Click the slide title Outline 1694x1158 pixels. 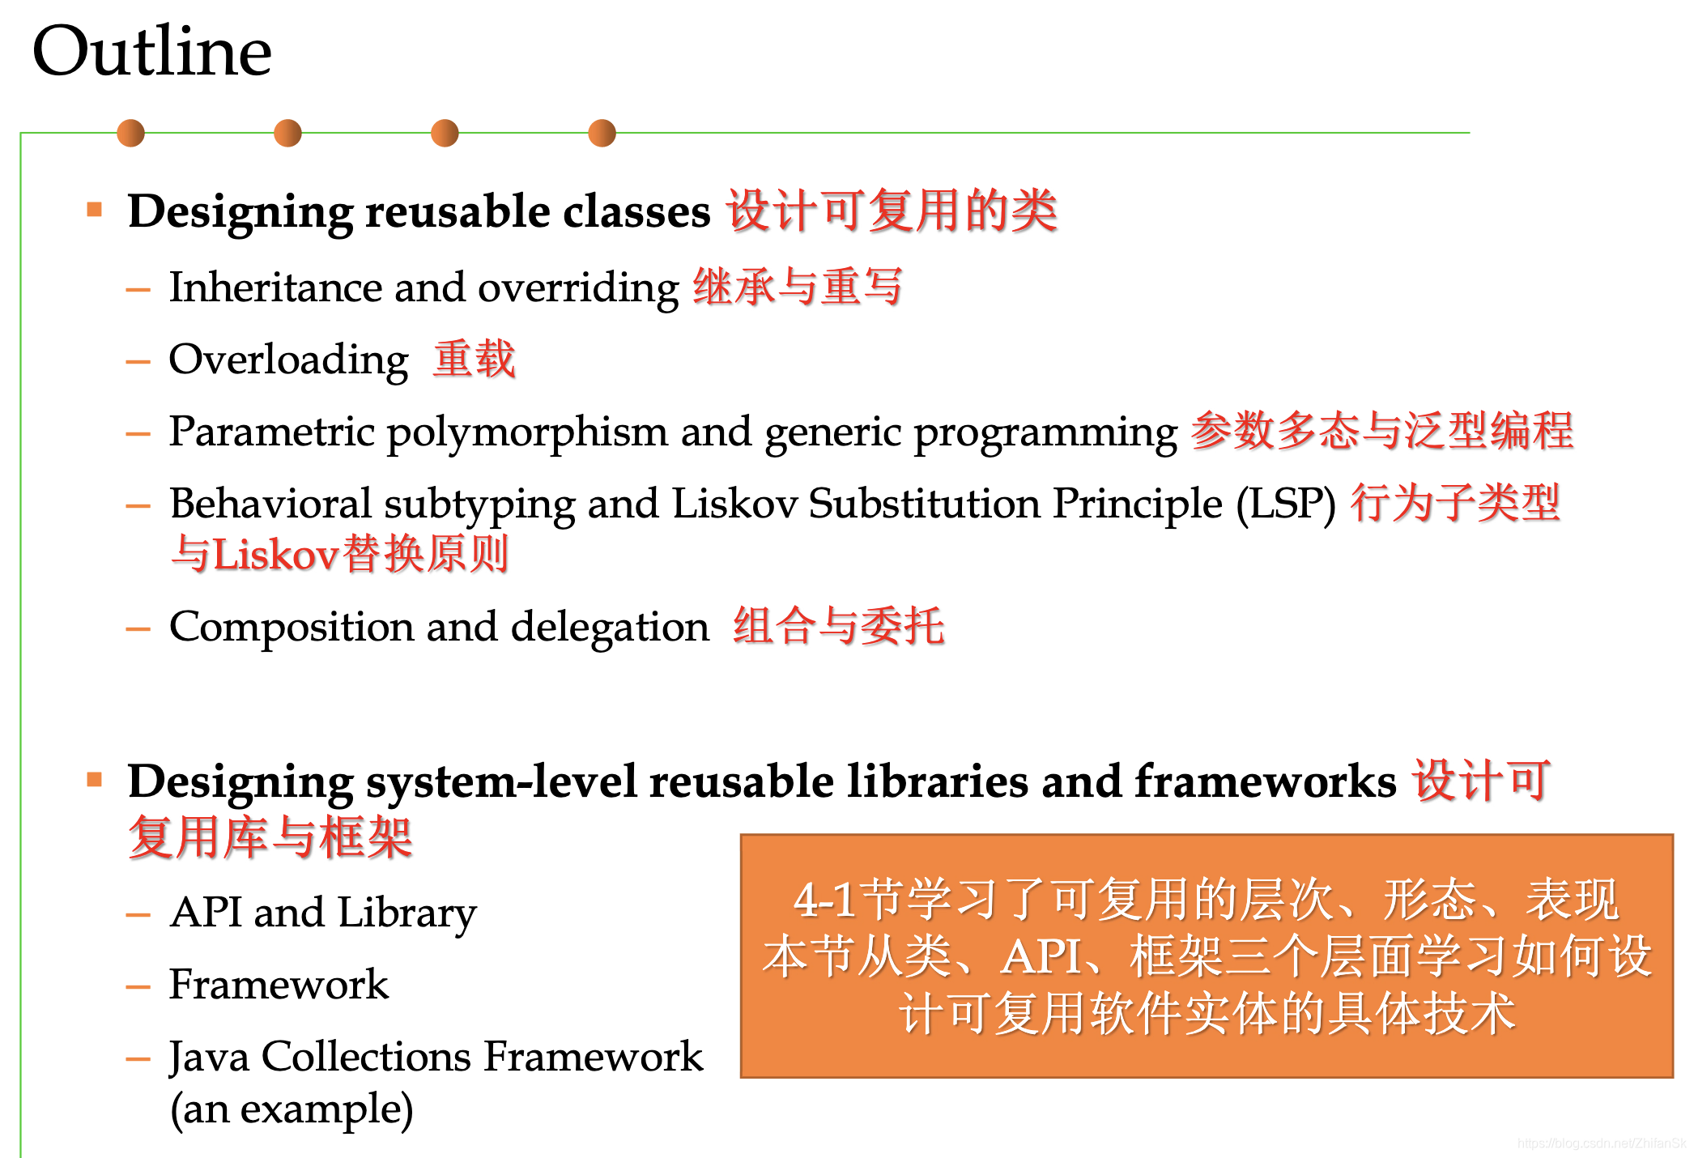151,51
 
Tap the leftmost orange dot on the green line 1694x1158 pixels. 130,133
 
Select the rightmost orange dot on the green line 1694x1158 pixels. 602,133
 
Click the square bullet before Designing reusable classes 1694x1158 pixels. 95,210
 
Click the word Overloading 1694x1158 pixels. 288,360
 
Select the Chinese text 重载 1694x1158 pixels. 474,360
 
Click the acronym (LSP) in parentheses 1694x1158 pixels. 1286,504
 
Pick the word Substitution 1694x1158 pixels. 924,504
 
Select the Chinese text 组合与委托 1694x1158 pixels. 838,627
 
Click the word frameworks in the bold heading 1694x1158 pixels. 1266,781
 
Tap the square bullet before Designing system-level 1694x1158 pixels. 95,780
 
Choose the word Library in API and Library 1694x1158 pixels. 407,913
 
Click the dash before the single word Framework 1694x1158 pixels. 138,986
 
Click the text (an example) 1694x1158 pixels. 292,1109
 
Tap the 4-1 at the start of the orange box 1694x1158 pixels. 824,900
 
